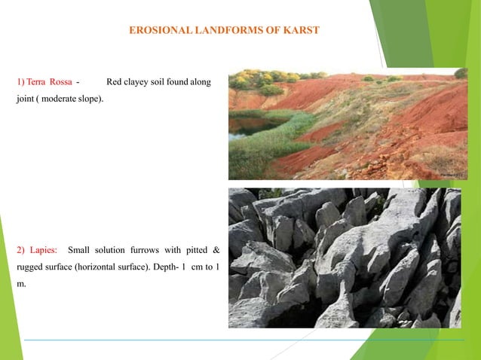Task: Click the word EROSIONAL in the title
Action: (x=155, y=30)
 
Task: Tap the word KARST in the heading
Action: (x=302, y=30)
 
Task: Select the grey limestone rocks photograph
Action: (x=345, y=258)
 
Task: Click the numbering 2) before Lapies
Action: (x=20, y=250)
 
